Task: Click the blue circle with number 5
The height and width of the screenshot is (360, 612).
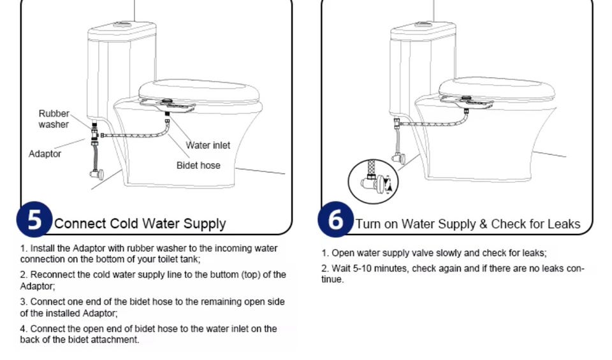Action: [34, 219]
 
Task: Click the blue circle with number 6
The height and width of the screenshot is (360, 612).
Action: [336, 219]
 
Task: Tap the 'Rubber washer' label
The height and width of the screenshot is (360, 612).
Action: [54, 119]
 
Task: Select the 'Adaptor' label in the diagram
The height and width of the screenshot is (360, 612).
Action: [45, 154]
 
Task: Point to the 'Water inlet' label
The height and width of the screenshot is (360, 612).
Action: [208, 145]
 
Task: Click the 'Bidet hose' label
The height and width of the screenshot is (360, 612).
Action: [198, 166]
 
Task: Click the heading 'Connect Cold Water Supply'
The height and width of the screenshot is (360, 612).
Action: [140, 224]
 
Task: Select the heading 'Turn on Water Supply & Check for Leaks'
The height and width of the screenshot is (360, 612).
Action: [467, 224]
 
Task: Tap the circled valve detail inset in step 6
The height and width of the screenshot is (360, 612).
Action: [373, 182]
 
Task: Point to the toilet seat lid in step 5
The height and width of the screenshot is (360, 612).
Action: [199, 90]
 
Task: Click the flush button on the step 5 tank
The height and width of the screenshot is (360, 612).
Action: [122, 25]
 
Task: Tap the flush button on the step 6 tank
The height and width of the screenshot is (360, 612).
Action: [423, 25]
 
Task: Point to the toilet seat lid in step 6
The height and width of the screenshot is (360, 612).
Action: [497, 88]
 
